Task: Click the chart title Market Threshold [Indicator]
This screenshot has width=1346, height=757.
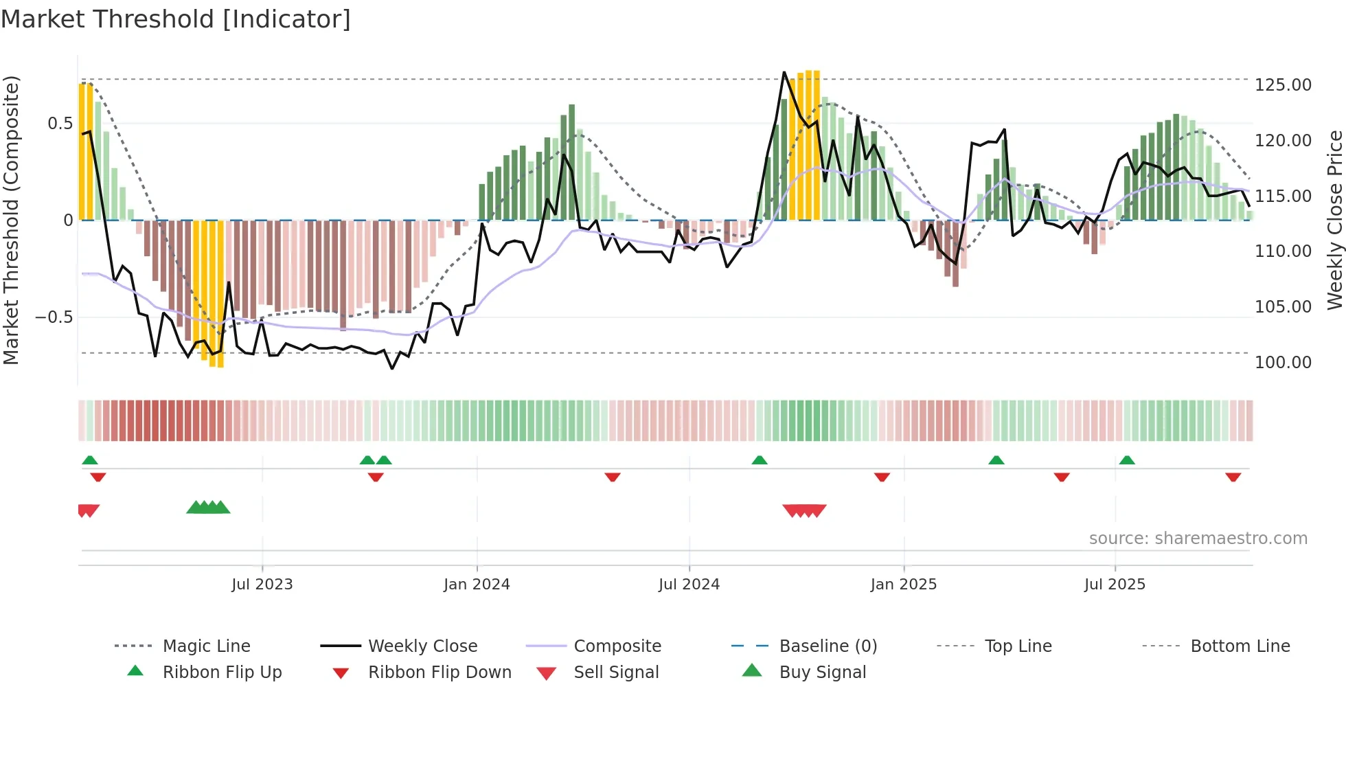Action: [176, 19]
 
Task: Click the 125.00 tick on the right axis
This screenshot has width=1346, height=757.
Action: [1282, 85]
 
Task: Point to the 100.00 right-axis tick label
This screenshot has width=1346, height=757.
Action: [1282, 363]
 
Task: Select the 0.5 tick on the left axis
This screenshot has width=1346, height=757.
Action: [60, 124]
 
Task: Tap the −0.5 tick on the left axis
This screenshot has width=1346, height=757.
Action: [54, 317]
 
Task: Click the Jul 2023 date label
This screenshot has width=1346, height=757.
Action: [262, 585]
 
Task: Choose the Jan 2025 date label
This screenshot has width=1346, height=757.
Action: [903, 585]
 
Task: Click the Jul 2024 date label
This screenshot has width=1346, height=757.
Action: [689, 585]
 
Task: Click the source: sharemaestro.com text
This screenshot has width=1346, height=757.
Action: [1198, 539]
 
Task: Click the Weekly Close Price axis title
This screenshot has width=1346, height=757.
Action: [1334, 220]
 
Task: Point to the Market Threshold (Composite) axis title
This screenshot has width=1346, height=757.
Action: [11, 220]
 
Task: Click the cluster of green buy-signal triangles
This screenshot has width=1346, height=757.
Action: [208, 508]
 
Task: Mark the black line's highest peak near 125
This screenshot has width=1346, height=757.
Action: [784, 72]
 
